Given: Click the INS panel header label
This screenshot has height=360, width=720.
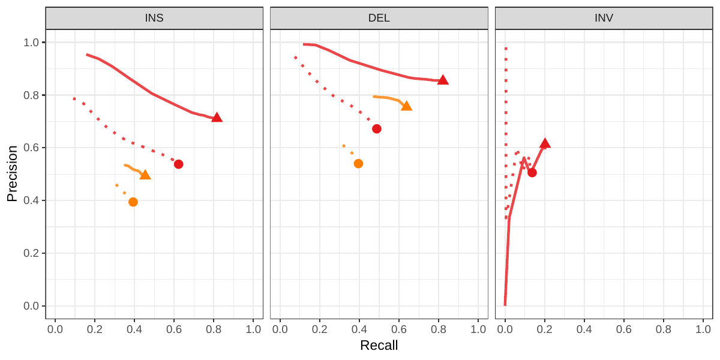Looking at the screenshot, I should (x=154, y=18).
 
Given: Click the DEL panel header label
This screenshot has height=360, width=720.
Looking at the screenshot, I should (x=379, y=18).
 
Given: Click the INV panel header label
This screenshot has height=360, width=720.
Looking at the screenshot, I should (x=604, y=18).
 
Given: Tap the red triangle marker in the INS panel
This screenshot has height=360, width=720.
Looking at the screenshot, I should (x=217, y=118).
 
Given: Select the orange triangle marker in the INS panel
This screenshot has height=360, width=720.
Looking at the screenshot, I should (x=145, y=175).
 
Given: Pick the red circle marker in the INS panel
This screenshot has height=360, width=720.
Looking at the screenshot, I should (x=178, y=164).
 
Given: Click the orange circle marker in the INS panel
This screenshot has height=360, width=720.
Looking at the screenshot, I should (x=133, y=202).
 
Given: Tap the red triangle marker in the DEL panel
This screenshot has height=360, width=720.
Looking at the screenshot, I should (x=443, y=80).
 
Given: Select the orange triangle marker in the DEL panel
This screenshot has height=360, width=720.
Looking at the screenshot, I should (x=406, y=106).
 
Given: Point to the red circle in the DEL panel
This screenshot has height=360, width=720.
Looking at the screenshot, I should (x=377, y=129).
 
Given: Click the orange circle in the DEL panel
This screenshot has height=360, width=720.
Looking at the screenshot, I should (x=358, y=164).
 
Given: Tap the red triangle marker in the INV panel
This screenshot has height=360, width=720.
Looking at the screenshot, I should (x=545, y=143).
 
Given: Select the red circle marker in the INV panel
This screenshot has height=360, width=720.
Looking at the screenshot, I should (x=532, y=173).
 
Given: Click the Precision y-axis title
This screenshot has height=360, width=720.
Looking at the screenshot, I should (x=12, y=173).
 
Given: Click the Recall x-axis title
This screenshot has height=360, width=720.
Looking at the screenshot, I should (x=379, y=346).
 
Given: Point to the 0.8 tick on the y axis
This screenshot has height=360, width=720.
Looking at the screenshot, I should (x=31, y=95).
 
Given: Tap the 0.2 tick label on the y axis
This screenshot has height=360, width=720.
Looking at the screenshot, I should (x=31, y=253).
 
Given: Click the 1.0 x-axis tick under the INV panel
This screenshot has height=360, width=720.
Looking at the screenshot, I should (x=703, y=329).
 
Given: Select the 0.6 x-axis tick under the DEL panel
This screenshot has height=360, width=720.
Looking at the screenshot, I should (x=399, y=329).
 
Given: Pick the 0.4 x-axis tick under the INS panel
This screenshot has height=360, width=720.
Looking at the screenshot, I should (x=134, y=329).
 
